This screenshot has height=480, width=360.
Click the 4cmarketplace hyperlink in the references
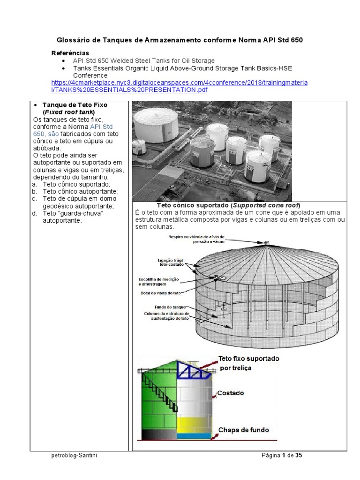tap(179, 83)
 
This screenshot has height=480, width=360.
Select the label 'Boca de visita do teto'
tap(160, 293)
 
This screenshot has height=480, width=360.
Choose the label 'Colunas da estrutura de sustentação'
tap(166, 315)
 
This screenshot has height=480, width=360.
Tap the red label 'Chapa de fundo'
tap(243, 429)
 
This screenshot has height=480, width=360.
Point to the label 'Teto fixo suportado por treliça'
tap(248, 363)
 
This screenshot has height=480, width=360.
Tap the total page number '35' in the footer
tap(298, 455)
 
